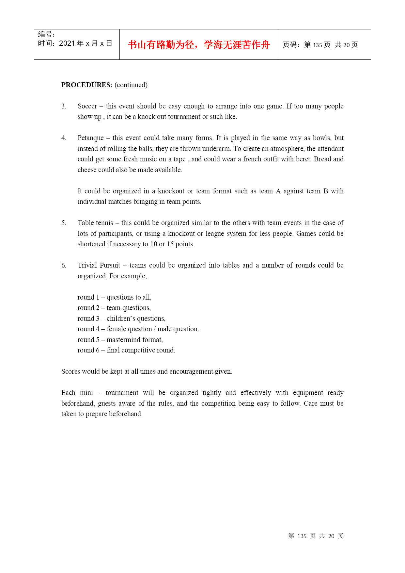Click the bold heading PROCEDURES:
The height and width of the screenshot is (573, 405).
coord(87,85)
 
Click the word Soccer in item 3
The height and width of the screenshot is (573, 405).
coord(87,106)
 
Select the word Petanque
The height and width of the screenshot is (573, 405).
coord(90,138)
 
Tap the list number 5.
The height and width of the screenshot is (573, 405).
coord(64,223)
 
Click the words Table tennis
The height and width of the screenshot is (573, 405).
coord(95,223)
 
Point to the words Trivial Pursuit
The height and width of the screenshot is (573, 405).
coord(99,265)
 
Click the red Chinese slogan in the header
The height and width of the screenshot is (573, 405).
coord(199,45)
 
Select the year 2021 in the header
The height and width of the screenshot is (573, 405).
coord(67,43)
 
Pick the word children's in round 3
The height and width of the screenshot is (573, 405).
coord(121,319)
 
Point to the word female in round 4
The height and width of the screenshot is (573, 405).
coord(116,329)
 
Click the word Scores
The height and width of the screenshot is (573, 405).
coord(70,371)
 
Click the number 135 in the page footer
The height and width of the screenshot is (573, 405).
coord(302,536)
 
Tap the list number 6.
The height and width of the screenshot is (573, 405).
coord(64,265)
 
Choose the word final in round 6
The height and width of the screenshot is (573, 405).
coord(113,350)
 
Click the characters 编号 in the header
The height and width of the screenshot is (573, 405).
coord(45,34)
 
